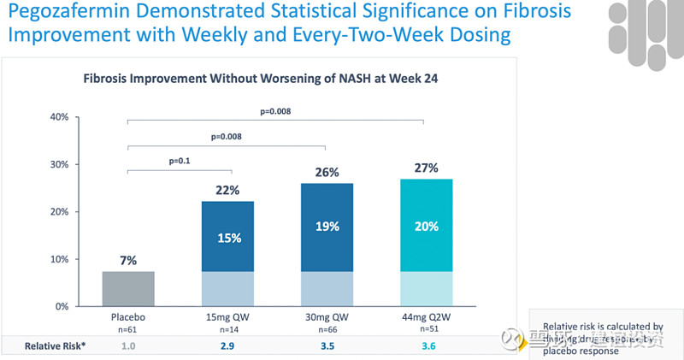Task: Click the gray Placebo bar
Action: click(127, 288)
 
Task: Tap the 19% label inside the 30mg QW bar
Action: click(327, 227)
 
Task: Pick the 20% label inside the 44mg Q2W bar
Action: click(426, 227)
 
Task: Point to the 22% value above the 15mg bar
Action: click(227, 189)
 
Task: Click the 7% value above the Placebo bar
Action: click(127, 260)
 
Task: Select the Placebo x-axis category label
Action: click(127, 317)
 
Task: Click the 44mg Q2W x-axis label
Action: click(426, 317)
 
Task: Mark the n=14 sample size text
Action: click(227, 328)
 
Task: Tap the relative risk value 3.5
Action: click(327, 345)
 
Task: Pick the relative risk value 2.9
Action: click(227, 345)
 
